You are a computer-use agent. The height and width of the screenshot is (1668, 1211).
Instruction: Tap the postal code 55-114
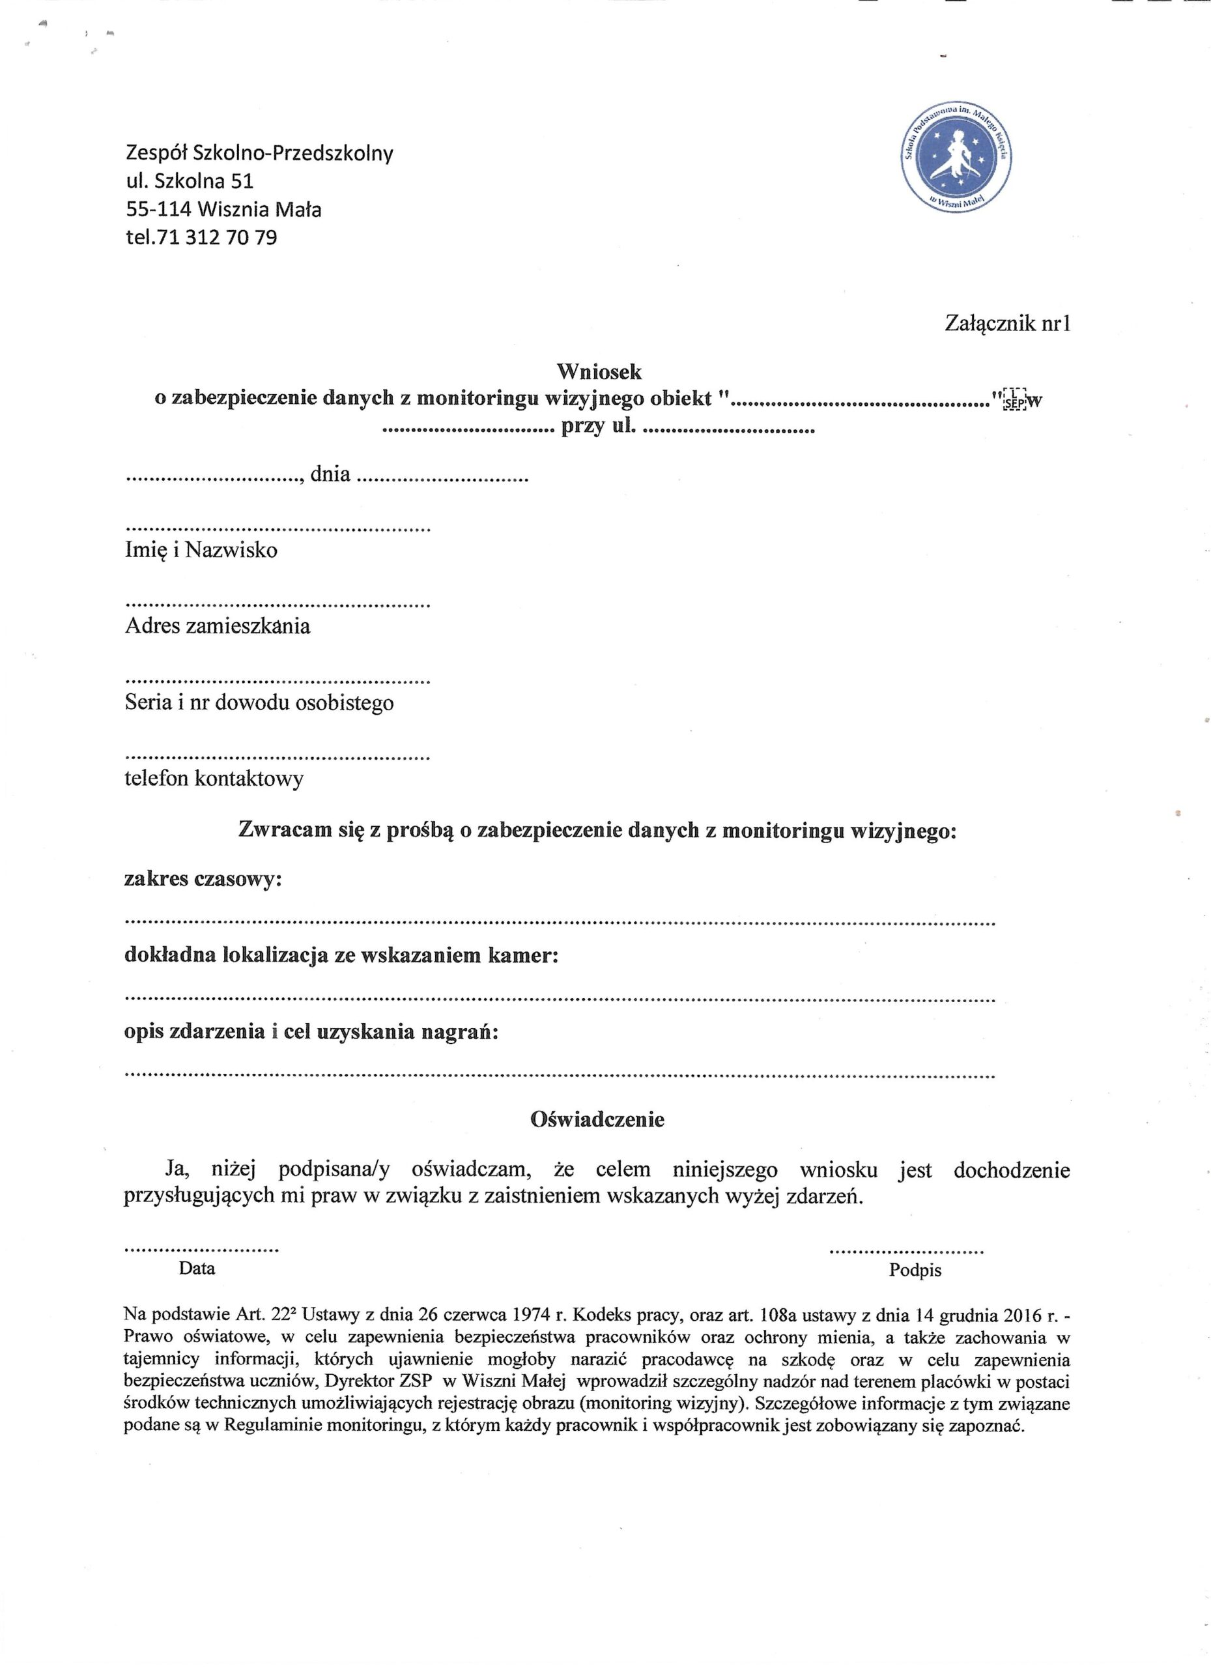(x=159, y=210)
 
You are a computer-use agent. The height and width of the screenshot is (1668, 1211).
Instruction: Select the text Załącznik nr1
(x=1006, y=324)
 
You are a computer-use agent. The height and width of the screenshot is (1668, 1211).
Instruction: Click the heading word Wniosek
(x=599, y=371)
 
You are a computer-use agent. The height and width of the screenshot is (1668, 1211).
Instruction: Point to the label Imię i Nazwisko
(x=201, y=550)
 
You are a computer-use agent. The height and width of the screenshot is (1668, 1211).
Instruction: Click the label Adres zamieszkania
(x=218, y=627)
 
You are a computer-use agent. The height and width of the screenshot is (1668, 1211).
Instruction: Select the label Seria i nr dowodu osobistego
(x=259, y=703)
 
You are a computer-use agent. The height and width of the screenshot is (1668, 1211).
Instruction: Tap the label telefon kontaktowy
(x=214, y=779)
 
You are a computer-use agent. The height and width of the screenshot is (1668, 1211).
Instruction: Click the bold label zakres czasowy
(x=203, y=880)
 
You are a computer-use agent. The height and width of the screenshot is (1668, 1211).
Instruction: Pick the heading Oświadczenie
(x=597, y=1119)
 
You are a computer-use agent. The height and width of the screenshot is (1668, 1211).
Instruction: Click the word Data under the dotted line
(x=197, y=1268)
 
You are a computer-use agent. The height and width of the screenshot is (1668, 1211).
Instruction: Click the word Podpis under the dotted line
(x=915, y=1270)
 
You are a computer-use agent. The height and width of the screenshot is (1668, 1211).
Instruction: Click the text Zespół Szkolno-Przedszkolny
(x=259, y=153)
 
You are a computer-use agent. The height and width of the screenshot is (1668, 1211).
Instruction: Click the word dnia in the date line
(x=330, y=474)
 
